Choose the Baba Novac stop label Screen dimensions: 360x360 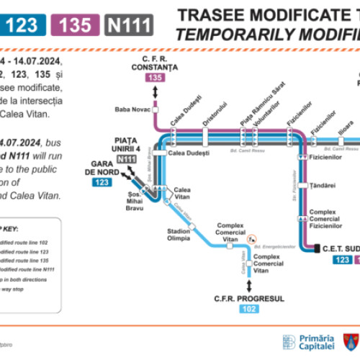point(130,109)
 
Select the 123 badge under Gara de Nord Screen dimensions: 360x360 point(102,183)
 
